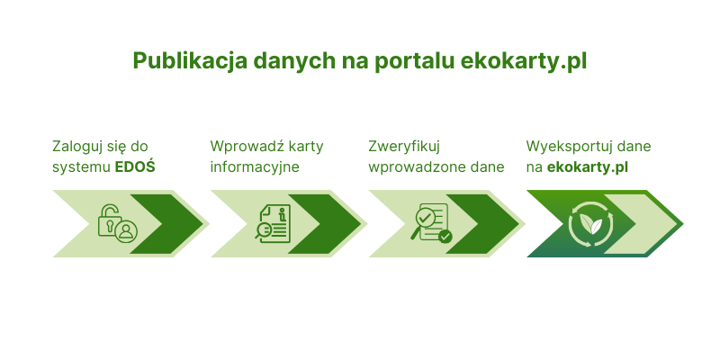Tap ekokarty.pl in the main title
pyautogui.click(x=524, y=61)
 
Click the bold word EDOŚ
pyautogui.click(x=135, y=167)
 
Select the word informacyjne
pyautogui.click(x=255, y=167)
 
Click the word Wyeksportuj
pyautogui.click(x=566, y=147)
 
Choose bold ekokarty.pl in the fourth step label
pyautogui.click(x=588, y=167)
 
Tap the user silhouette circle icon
pyautogui.click(x=126, y=231)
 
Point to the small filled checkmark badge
pyautogui.click(x=445, y=237)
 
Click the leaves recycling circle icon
pyautogui.click(x=591, y=224)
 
